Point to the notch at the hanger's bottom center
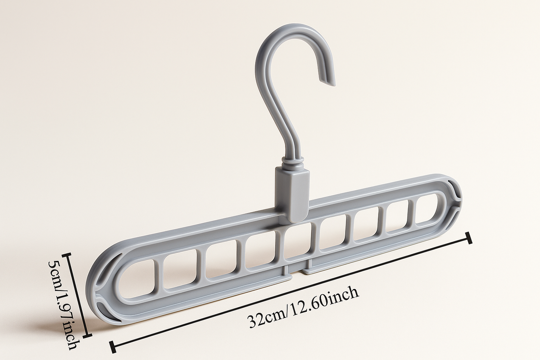click(x=300, y=270)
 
